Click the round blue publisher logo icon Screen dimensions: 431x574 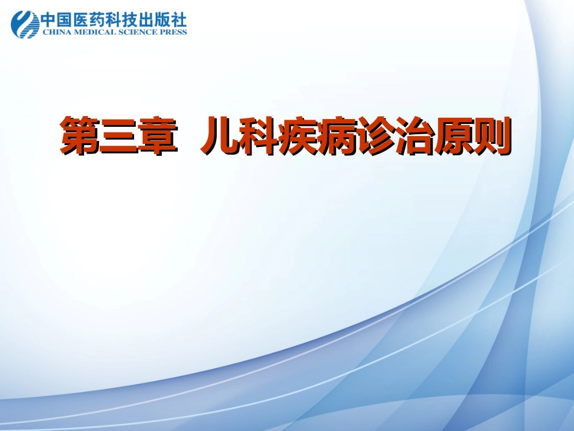25,24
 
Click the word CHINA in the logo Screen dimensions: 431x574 53,32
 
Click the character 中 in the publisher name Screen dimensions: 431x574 49,19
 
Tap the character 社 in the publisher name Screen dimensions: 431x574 179,19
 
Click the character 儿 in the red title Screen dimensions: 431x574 219,137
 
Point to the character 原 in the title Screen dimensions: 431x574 453,137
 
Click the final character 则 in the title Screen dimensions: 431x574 491,137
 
